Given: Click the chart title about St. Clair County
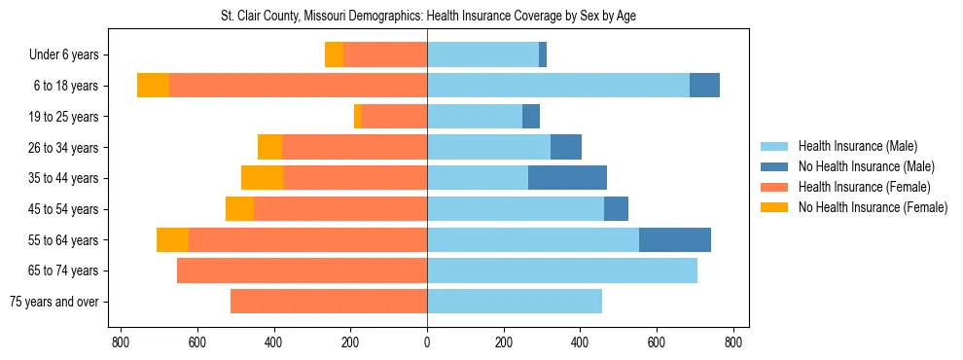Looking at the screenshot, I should pyautogui.click(x=428, y=17).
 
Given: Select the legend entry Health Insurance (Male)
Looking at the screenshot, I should pyautogui.click(x=857, y=146).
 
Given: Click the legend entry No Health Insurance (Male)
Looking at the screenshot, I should pyautogui.click(x=866, y=166).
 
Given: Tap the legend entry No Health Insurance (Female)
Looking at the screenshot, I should pyautogui.click(x=873, y=207).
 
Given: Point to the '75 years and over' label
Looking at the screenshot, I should pyautogui.click(x=53, y=302).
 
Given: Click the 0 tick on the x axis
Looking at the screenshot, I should pyautogui.click(x=427, y=342).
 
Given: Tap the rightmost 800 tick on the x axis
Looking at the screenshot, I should pyautogui.click(x=733, y=342).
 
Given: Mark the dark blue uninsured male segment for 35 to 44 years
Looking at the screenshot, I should pyautogui.click(x=567, y=178).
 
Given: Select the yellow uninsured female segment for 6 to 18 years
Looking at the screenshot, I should pyautogui.click(x=153, y=86).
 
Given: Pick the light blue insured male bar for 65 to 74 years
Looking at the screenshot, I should pyautogui.click(x=562, y=270).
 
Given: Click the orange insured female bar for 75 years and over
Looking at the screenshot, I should pyautogui.click(x=329, y=302).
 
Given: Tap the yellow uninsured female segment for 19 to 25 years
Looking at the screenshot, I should pyautogui.click(x=358, y=117).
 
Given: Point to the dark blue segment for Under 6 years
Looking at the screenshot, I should pyautogui.click(x=543, y=54).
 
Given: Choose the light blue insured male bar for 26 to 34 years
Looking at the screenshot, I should pyautogui.click(x=488, y=147).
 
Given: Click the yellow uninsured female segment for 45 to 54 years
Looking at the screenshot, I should pyautogui.click(x=239, y=209).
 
